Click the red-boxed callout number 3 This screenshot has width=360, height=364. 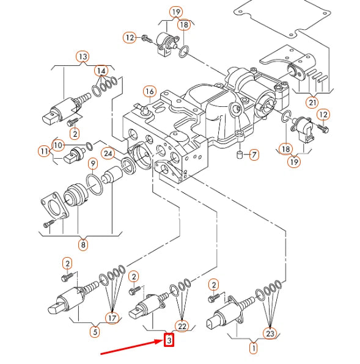[169, 340]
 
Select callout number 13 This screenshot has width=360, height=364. [83, 57]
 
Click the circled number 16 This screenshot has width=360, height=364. [150, 92]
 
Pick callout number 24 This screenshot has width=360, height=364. [108, 153]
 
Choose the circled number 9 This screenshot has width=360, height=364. [93, 163]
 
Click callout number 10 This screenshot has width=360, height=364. [58, 145]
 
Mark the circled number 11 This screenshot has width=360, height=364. [43, 151]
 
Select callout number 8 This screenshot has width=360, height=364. [83, 245]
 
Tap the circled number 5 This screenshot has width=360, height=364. [95, 332]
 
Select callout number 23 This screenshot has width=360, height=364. [270, 333]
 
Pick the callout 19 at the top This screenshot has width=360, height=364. [176, 12]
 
